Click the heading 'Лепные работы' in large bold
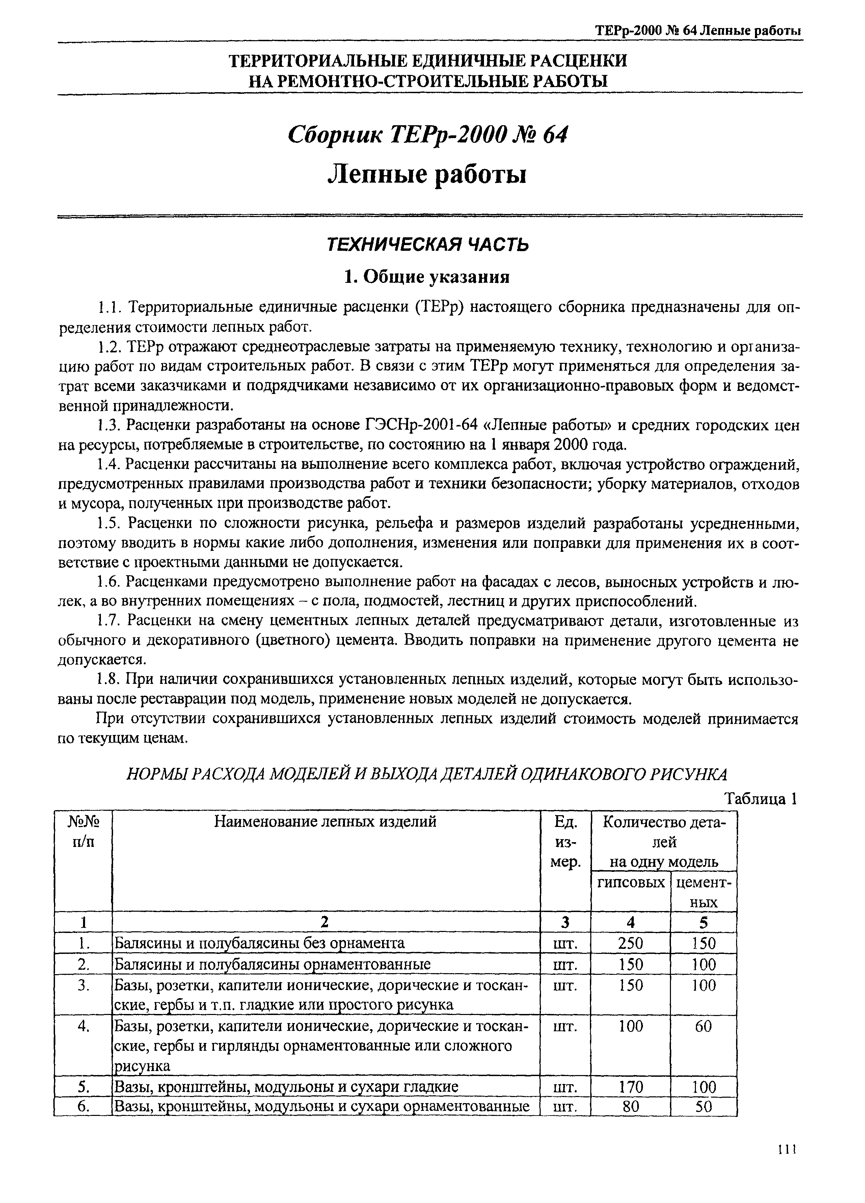pos(428,174)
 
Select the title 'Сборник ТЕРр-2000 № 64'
pos(428,135)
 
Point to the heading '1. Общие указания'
pos(428,277)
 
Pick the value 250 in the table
pos(630,943)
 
